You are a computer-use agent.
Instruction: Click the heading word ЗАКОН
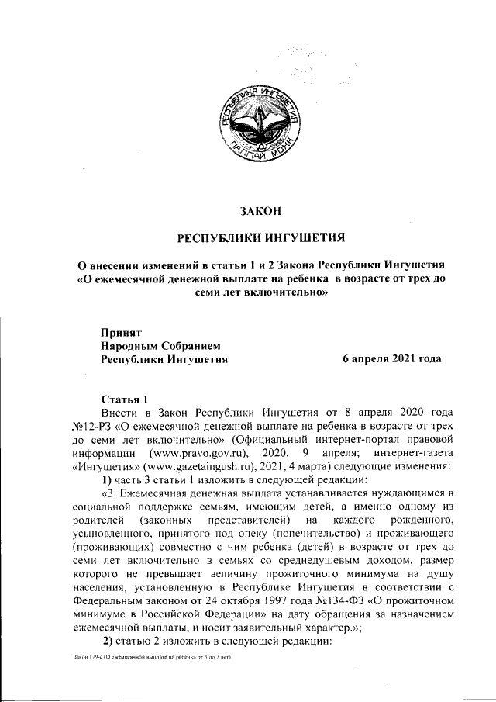[x=259, y=209]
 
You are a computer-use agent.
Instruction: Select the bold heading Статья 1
[x=122, y=397]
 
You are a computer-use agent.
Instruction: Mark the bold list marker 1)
[x=108, y=480]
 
